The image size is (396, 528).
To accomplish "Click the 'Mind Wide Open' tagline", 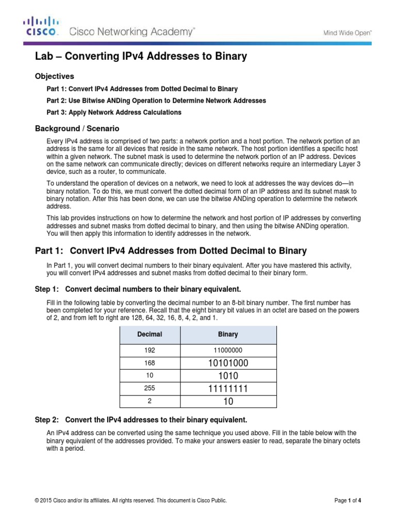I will [x=348, y=32].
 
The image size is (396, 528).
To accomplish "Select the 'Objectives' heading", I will [x=54, y=76].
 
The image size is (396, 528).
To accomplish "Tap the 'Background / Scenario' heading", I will [x=77, y=128].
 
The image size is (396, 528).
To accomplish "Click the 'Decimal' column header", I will [x=150, y=334].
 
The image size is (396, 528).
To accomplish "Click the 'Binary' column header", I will [x=228, y=334].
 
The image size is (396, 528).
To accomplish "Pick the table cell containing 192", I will [x=150, y=350].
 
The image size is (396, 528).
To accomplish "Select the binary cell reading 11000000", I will [x=228, y=350].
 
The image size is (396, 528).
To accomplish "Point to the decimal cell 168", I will [x=150, y=363].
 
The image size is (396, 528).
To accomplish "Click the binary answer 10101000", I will [x=228, y=363].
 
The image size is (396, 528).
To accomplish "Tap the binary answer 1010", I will [x=228, y=375].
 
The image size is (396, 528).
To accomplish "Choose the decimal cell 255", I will [x=150, y=388].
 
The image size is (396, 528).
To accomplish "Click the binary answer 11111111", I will [x=228, y=388].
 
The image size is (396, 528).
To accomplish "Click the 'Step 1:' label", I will [x=48, y=288].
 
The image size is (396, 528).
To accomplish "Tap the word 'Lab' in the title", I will [x=43, y=56].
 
